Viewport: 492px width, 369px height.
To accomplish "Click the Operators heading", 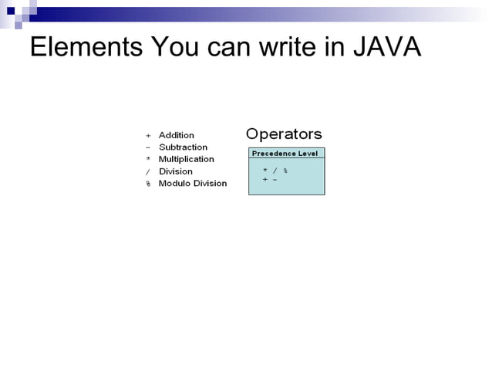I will [x=284, y=134].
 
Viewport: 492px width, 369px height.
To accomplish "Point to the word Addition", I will [x=177, y=135].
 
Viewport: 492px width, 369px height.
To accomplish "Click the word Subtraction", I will [x=183, y=147].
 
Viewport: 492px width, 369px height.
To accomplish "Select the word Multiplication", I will [x=187, y=159].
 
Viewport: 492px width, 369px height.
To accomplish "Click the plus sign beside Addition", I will [x=148, y=135].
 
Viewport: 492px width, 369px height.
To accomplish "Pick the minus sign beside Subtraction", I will [x=148, y=147].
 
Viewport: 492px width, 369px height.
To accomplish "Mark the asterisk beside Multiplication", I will [x=148, y=159].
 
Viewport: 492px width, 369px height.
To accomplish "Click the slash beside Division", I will [x=148, y=171].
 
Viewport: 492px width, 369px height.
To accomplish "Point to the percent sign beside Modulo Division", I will [x=148, y=184].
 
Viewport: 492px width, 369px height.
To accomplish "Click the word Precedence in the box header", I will [x=274, y=154].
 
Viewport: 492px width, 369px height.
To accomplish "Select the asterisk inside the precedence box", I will [x=265, y=170].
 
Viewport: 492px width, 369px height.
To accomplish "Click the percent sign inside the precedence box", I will [x=285, y=170].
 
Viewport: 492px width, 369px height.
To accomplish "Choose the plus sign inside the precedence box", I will [x=265, y=179].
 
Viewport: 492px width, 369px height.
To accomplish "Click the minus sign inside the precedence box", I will [x=275, y=179].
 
